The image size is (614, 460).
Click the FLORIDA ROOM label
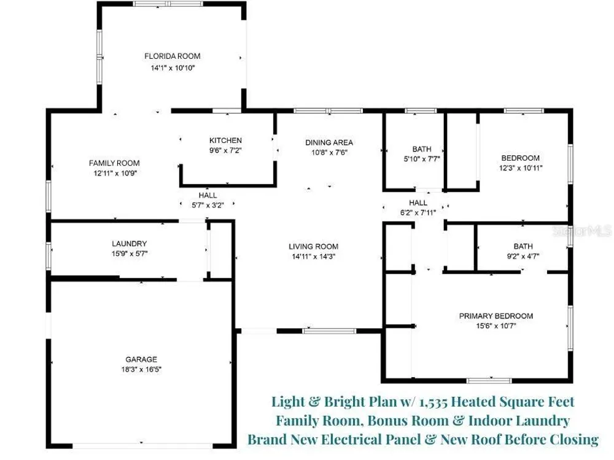coord(173,56)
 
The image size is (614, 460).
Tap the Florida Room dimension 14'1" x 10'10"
coord(173,67)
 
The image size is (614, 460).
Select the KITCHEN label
coord(225,140)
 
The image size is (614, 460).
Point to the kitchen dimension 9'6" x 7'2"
coord(225,150)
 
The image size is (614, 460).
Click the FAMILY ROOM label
coord(114,163)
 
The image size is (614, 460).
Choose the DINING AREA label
coord(329,142)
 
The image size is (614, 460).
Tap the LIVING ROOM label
coord(313,247)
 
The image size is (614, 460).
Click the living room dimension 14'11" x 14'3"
coord(313,256)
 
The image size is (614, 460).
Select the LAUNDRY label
coord(129,243)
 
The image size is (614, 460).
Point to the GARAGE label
coord(141,359)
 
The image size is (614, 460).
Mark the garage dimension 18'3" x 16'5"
coord(141,369)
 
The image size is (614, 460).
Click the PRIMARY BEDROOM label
coord(495,316)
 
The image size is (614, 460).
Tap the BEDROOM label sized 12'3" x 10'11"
coord(521,158)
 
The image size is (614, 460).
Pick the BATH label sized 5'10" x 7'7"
coord(422,149)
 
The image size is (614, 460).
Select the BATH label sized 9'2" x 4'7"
coord(523,246)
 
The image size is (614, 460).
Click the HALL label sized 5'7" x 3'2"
coord(208,195)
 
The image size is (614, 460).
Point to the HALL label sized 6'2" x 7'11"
coord(418,202)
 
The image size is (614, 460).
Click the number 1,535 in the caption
coord(433,402)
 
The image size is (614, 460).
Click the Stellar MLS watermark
coord(582,231)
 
